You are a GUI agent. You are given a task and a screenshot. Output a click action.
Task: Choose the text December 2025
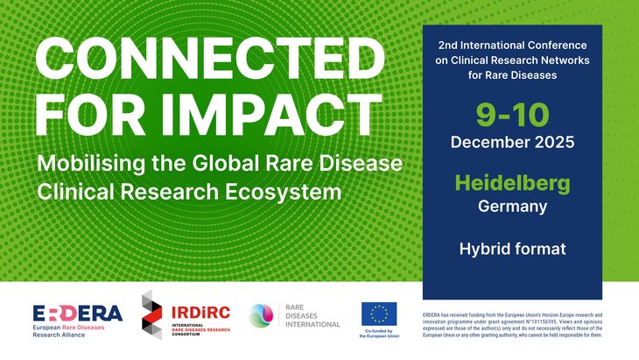tap(512, 141)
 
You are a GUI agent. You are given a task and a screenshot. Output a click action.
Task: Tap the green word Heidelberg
tap(512, 184)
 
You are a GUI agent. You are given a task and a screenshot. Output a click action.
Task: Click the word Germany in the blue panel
tap(512, 207)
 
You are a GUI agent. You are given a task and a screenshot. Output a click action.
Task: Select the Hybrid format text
tap(512, 250)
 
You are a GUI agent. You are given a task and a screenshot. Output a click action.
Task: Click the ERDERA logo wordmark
tap(78, 314)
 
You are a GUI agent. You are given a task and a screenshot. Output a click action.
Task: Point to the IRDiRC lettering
tap(198, 310)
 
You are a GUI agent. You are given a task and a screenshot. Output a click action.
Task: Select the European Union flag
tap(378, 313)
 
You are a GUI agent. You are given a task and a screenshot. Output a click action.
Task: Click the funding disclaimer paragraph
tap(512, 324)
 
